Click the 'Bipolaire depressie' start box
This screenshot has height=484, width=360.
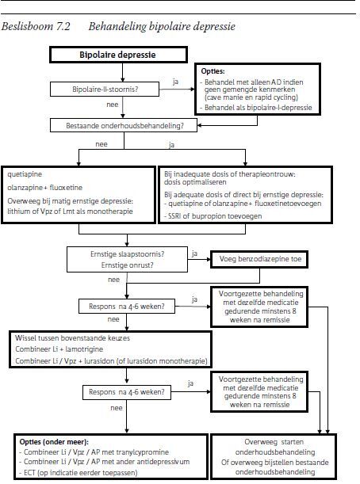click(118, 55)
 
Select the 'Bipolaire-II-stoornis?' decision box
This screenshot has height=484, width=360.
click(105, 90)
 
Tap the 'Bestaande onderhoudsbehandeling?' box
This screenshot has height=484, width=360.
click(124, 126)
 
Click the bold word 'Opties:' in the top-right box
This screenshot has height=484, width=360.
click(213, 71)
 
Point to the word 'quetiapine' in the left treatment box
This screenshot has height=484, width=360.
click(25, 174)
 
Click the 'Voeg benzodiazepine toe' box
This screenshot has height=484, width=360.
click(259, 259)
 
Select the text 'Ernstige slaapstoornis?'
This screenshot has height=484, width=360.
click(128, 254)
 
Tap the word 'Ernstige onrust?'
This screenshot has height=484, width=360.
click(128, 265)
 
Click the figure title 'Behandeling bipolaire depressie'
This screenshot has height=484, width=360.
click(162, 27)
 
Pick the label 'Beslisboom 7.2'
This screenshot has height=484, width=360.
click(36, 27)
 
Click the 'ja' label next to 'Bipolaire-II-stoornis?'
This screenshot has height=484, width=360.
click(175, 82)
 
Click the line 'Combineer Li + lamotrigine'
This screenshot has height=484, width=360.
click(59, 349)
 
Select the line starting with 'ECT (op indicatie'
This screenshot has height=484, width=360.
click(79, 472)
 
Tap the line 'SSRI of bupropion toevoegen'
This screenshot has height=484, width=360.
click(213, 216)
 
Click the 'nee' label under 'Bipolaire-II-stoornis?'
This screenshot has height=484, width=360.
click(112, 105)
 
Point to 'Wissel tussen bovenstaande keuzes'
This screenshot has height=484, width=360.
click(72, 338)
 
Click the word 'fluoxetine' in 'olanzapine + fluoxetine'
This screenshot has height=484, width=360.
click(66, 188)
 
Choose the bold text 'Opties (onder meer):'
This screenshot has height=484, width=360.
click(54, 442)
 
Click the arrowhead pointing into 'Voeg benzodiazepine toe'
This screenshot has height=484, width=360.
click(209, 259)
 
